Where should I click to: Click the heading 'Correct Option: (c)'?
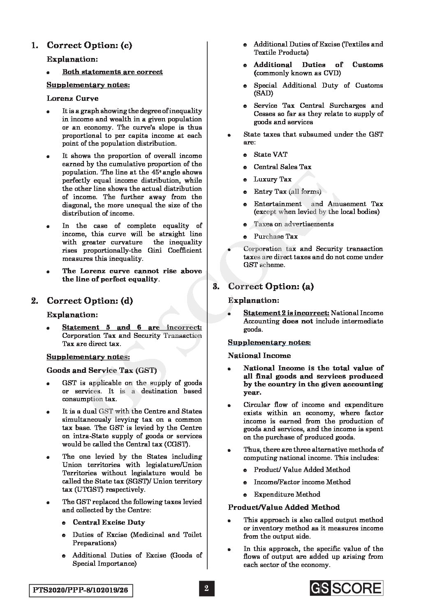click(89, 45)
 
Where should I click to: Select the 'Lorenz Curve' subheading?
click(72, 98)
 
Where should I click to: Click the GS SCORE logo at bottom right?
click(346, 588)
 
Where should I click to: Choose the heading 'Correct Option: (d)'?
click(90, 301)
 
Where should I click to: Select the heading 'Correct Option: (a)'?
click(271, 286)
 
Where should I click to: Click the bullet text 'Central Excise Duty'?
click(109, 522)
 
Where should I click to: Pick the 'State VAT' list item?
click(271, 154)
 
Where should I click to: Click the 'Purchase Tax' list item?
click(275, 236)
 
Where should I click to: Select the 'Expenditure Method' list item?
click(287, 494)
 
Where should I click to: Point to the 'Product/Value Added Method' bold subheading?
click(284, 507)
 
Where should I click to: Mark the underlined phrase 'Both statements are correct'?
click(112, 72)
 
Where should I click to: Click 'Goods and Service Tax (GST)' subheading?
click(102, 370)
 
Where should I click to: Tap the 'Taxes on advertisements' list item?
click(294, 224)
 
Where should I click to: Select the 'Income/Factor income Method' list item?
click(302, 482)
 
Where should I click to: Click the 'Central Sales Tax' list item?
click(282, 167)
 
